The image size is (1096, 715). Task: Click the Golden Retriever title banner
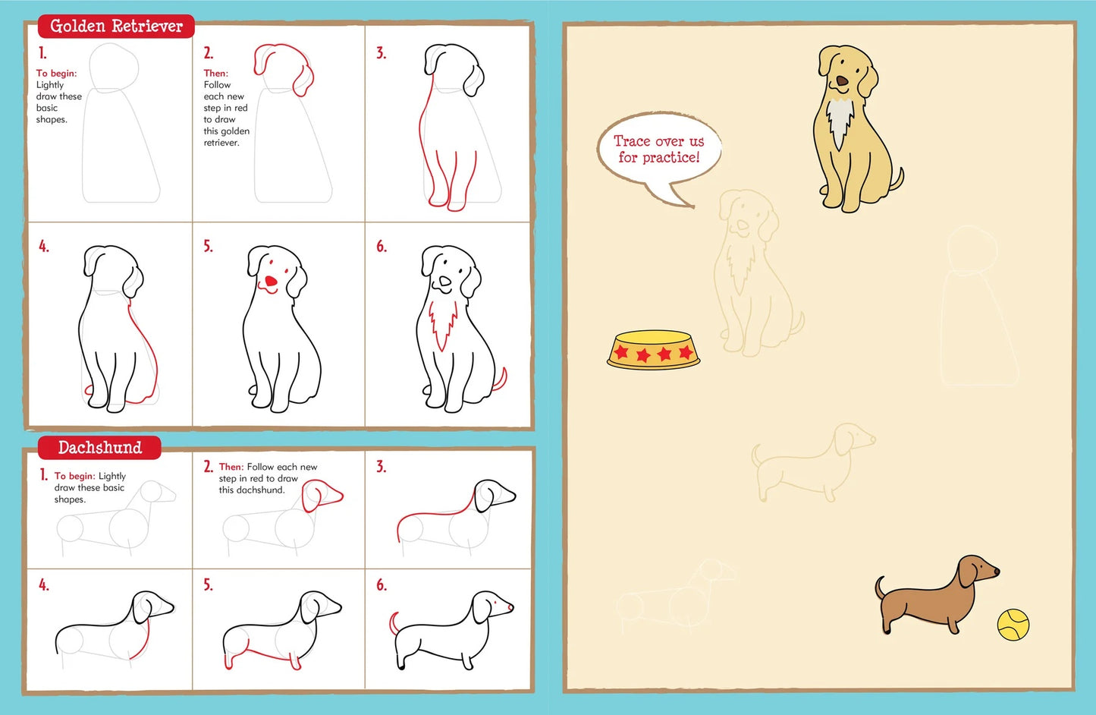coord(116,27)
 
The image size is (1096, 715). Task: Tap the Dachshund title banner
coord(99,448)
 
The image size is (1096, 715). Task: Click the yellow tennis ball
coord(1013,625)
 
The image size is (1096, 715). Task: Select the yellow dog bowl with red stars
coord(653,351)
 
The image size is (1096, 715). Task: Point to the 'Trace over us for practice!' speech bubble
coord(658,150)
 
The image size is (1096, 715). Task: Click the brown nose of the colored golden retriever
coord(842,80)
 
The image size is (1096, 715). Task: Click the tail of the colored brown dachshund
coord(880,587)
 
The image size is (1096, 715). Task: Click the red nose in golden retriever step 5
coord(270,283)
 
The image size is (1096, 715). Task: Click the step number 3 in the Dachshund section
coord(381,467)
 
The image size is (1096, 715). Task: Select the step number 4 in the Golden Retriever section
coord(44,247)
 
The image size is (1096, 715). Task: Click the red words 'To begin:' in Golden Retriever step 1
coord(56,74)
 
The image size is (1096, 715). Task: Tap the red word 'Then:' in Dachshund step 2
coord(231,467)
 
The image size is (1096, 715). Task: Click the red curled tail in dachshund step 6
coord(393,622)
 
